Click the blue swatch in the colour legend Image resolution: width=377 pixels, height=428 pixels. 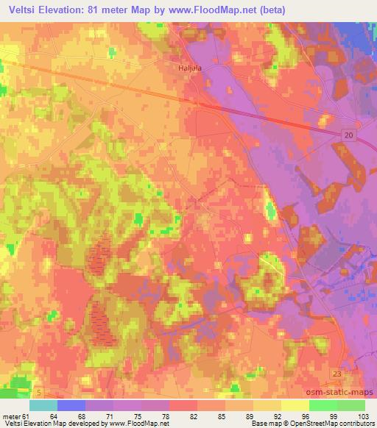(71, 405)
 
